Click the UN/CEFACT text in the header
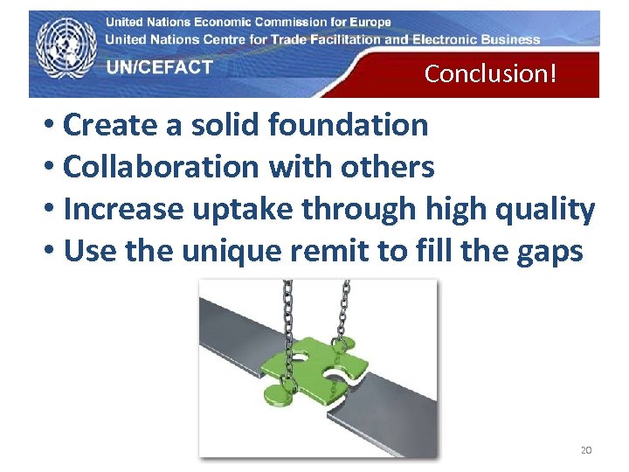(x=159, y=67)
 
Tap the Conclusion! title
(x=490, y=73)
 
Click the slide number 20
(x=586, y=450)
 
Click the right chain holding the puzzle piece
(x=344, y=306)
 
